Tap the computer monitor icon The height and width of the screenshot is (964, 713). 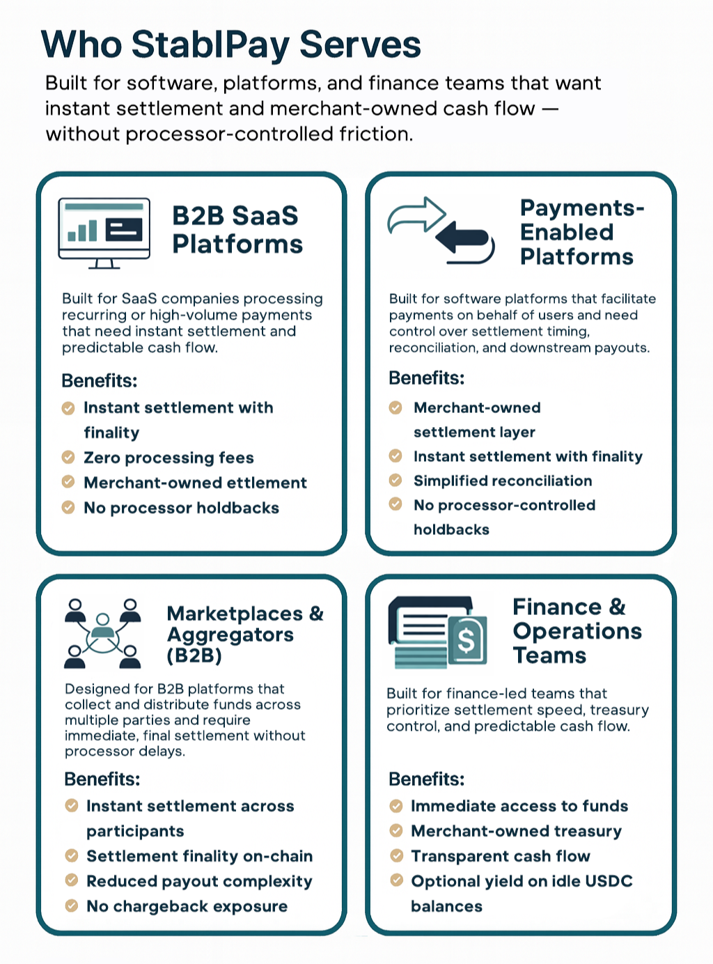pyautogui.click(x=104, y=233)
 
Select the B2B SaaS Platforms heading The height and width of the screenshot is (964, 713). pyautogui.click(x=237, y=230)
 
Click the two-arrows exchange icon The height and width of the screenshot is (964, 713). pyautogui.click(x=441, y=231)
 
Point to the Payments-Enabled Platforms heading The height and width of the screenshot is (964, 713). pyautogui.click(x=581, y=232)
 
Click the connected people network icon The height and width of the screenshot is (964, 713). pyautogui.click(x=102, y=633)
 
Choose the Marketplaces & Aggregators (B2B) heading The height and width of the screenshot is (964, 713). pyautogui.click(x=245, y=634)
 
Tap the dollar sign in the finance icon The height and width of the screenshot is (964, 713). pyautogui.click(x=467, y=639)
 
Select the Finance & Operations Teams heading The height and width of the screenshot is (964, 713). pyautogui.click(x=577, y=631)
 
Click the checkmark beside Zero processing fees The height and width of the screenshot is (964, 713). pyautogui.click(x=68, y=458)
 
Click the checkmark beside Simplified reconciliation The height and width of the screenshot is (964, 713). pyautogui.click(x=395, y=480)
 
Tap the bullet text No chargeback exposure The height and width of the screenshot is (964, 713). pyautogui.click(x=187, y=906)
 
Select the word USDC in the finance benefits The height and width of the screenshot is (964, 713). pyautogui.click(x=609, y=881)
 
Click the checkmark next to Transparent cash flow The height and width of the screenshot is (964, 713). pyautogui.click(x=396, y=856)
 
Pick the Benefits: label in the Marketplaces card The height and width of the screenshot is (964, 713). pyautogui.click(x=102, y=779)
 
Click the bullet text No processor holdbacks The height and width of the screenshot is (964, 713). pyautogui.click(x=181, y=508)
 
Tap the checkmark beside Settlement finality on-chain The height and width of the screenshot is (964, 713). pyautogui.click(x=72, y=855)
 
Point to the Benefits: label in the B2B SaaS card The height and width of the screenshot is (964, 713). pyautogui.click(x=100, y=380)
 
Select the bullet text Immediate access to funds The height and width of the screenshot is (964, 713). pyautogui.click(x=519, y=806)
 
